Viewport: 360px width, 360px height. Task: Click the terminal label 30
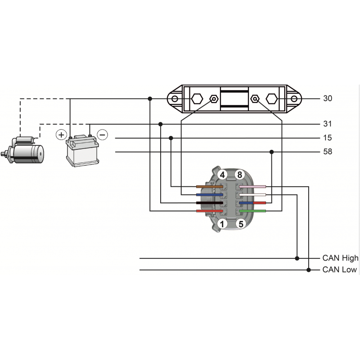(328, 99)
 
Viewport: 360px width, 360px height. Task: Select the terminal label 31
(328, 124)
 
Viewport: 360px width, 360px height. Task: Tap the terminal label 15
(328, 138)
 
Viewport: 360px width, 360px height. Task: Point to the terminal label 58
(328, 152)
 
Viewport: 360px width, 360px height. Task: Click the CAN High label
(340, 258)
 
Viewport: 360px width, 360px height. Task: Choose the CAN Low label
(340, 270)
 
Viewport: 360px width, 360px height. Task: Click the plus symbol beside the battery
(61, 135)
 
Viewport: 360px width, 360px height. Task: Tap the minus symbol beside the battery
(103, 135)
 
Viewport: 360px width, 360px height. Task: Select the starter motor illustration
(22, 150)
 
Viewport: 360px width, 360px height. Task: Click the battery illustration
(82, 150)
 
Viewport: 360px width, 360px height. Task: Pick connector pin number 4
(222, 175)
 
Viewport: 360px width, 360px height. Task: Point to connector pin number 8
(240, 175)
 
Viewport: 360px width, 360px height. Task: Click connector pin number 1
(222, 224)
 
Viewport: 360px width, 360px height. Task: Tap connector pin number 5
(241, 224)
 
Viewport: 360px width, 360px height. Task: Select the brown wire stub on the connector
(210, 187)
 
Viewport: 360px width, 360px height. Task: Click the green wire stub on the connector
(252, 211)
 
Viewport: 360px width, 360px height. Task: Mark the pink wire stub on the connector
(252, 187)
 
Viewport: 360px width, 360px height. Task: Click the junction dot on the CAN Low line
(309, 270)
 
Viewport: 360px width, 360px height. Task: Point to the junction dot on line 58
(272, 152)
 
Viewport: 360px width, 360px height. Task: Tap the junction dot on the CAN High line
(297, 258)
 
